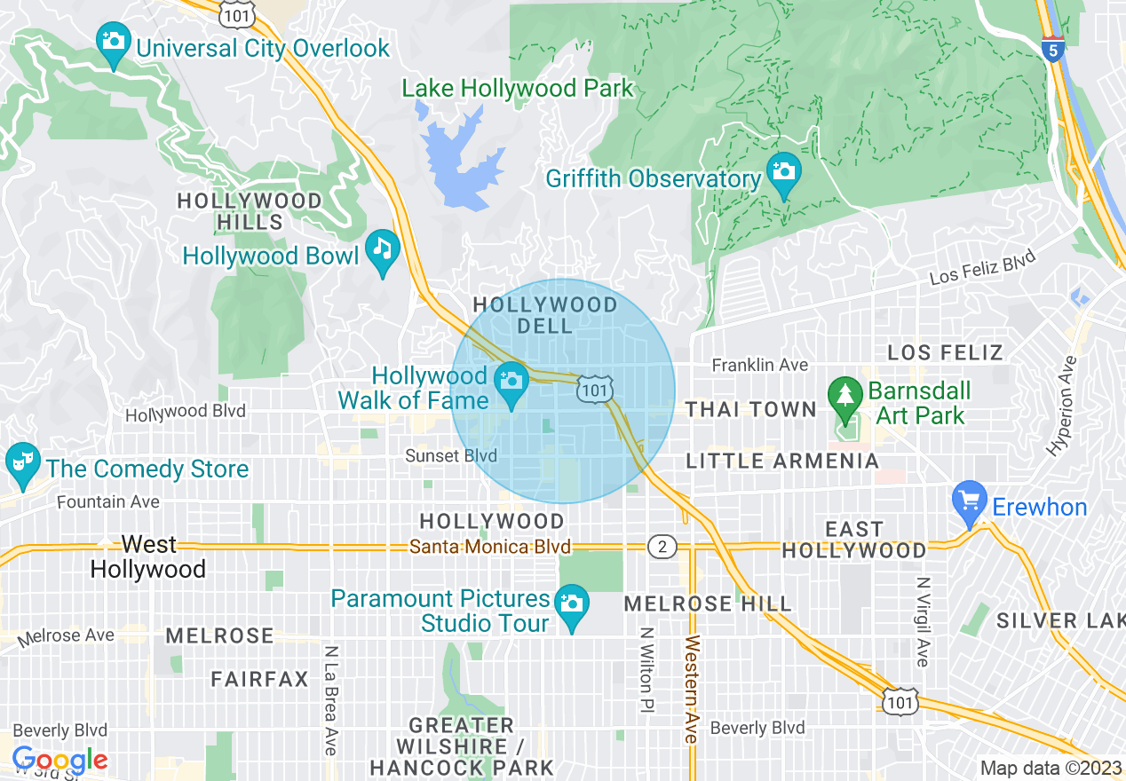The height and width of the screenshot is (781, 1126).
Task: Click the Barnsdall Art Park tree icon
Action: click(844, 394)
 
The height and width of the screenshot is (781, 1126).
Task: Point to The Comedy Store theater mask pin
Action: click(21, 464)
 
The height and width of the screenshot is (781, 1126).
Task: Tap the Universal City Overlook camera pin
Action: click(114, 43)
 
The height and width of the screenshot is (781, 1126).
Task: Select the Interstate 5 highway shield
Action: click(1052, 48)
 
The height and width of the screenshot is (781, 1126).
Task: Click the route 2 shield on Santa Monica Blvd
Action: click(662, 546)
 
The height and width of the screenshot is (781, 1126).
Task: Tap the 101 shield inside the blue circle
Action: click(595, 390)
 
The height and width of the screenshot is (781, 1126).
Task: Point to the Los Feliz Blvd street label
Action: click(982, 267)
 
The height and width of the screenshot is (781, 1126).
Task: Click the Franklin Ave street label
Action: click(760, 365)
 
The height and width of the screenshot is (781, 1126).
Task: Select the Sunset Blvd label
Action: click(450, 455)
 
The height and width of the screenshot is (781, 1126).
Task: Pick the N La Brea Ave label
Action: click(330, 700)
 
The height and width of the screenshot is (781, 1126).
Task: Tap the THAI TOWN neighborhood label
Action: click(750, 409)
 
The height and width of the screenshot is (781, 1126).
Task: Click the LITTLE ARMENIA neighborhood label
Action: click(782, 461)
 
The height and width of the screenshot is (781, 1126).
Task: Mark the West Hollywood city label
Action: click(148, 556)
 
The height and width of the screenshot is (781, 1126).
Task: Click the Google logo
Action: click(59, 761)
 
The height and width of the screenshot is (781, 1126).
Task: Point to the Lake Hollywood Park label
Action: click(518, 89)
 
